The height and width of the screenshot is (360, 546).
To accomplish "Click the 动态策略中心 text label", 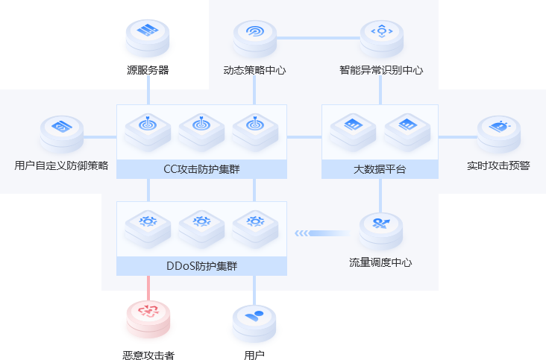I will (254, 71).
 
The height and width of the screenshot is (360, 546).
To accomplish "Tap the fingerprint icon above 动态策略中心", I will (255, 33).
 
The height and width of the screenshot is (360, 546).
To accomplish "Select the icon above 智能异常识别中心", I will (381, 31).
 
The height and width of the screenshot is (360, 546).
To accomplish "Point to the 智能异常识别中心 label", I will (381, 71).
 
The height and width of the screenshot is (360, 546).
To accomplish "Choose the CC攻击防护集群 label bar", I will (201, 169).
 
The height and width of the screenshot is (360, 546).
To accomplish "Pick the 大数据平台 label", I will (380, 169).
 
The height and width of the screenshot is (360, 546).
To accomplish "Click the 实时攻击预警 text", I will (498, 165).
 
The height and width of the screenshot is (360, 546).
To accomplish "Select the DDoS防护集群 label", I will (201, 266).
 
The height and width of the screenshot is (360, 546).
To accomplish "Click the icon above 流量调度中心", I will (381, 224).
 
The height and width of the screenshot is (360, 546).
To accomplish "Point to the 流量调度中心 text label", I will (381, 262).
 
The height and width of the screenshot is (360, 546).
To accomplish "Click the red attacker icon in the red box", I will (148, 312).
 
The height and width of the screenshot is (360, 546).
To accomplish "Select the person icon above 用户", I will (254, 315).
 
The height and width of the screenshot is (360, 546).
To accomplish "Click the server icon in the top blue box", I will (148, 31).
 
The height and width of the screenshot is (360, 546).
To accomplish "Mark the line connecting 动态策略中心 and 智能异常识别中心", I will (318, 37).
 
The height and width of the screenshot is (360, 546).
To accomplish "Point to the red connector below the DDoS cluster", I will (148, 285).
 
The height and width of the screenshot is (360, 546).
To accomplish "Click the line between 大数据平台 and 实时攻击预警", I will (456, 137).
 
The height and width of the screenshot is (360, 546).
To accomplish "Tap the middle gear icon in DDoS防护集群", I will (201, 221).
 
